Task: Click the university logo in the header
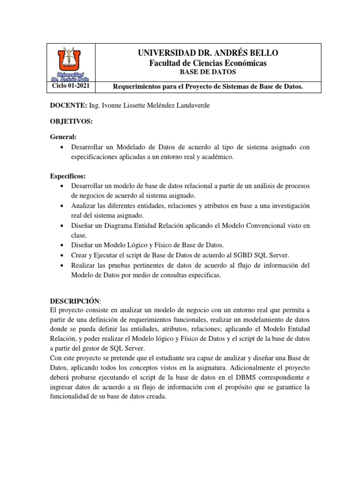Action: coord(72,62)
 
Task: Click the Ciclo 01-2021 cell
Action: coord(71,87)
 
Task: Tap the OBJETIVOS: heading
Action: coord(72,121)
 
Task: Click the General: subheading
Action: coord(63,137)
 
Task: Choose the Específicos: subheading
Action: coord(68,177)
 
